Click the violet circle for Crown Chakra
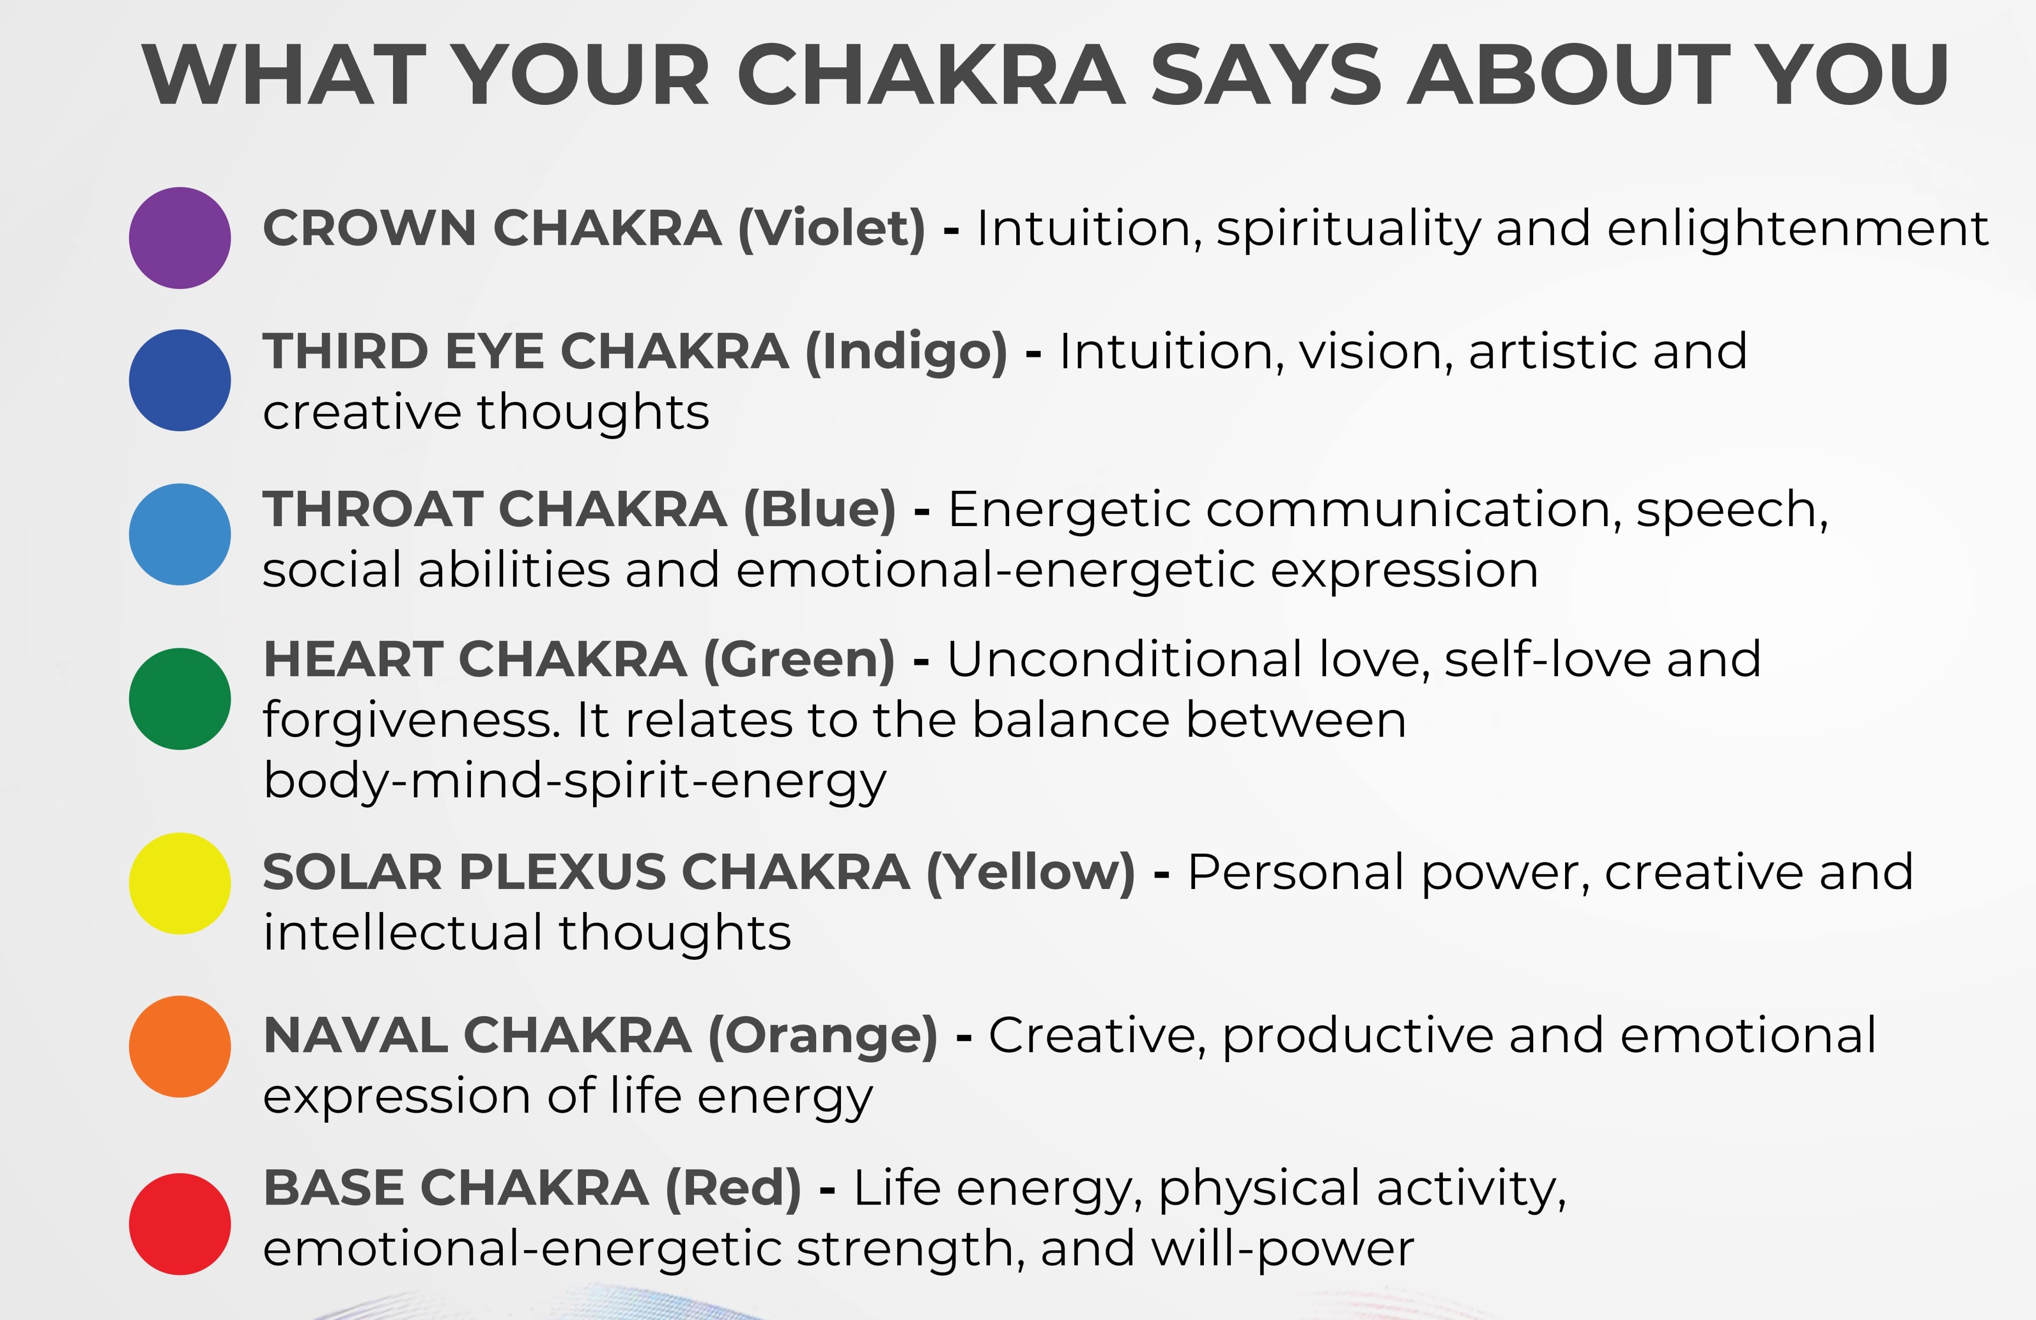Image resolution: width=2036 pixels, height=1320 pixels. click(180, 238)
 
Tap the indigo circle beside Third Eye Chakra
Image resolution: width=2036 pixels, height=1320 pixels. click(180, 380)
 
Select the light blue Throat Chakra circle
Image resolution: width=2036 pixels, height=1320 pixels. click(180, 535)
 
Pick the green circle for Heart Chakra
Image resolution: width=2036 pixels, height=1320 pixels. click(180, 699)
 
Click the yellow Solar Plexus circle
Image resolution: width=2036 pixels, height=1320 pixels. click(180, 883)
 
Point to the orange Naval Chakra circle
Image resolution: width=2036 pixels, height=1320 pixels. click(180, 1046)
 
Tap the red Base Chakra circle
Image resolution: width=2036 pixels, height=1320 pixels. click(180, 1224)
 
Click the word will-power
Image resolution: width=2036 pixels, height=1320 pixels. click(1283, 1250)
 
